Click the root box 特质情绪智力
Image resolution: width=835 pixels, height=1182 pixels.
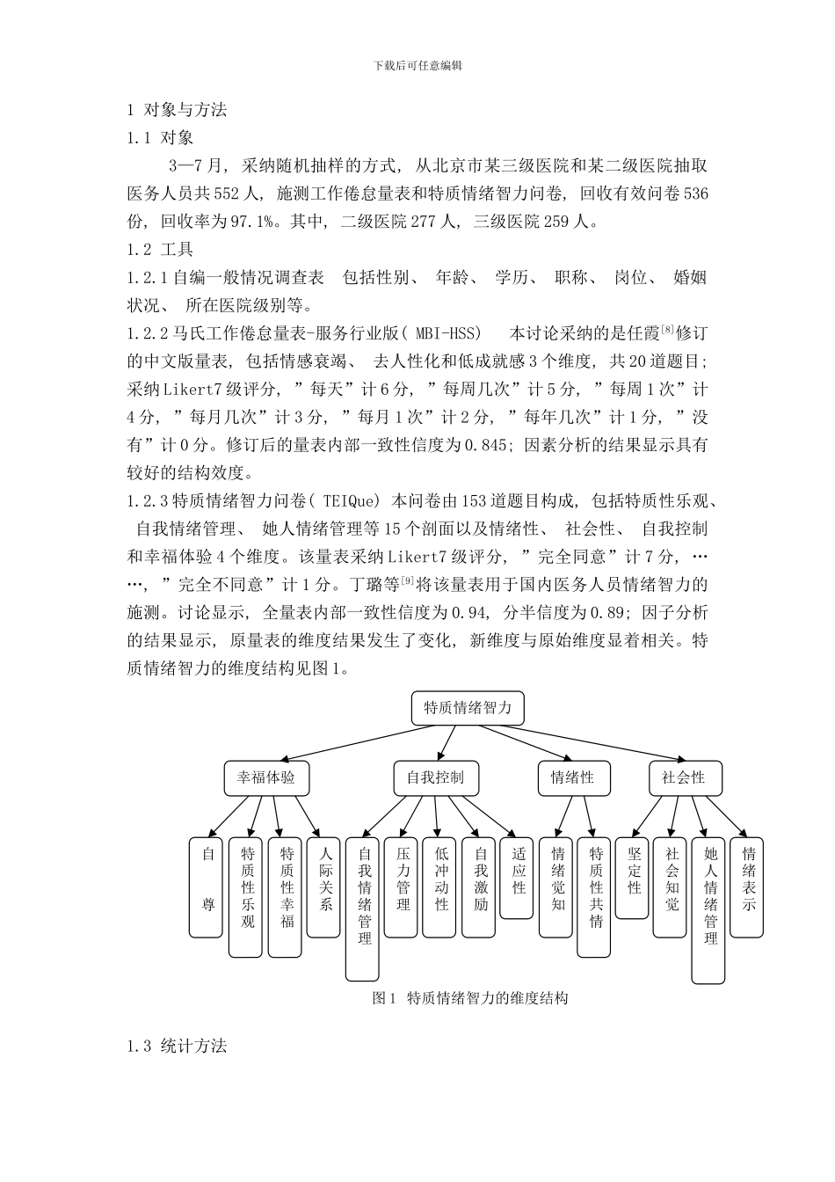(468, 708)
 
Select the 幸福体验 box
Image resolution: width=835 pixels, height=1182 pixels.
(266, 777)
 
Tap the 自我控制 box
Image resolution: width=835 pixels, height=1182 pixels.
(435, 777)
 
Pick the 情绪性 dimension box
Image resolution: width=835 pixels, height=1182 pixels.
(572, 777)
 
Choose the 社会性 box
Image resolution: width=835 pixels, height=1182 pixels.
(683, 777)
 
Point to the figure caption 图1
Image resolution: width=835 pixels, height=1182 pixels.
(470, 998)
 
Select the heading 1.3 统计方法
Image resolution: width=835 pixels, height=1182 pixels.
(177, 1046)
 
